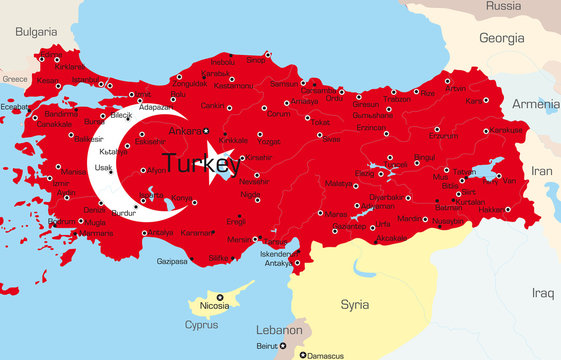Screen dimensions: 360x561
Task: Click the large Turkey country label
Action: click(200, 162)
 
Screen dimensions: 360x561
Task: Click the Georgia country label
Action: click(501, 38)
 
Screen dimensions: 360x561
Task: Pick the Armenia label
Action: click(536, 104)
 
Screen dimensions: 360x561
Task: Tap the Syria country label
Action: click(354, 303)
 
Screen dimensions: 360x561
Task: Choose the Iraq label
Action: click(542, 293)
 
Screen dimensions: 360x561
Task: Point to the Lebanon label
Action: click(279, 329)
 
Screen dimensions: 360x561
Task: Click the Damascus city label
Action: click(325, 355)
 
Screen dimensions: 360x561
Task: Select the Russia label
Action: click(504, 6)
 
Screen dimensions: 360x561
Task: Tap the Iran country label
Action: click(541, 171)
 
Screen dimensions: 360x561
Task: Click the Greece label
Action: click(14, 78)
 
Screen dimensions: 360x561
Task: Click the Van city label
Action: click(508, 180)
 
